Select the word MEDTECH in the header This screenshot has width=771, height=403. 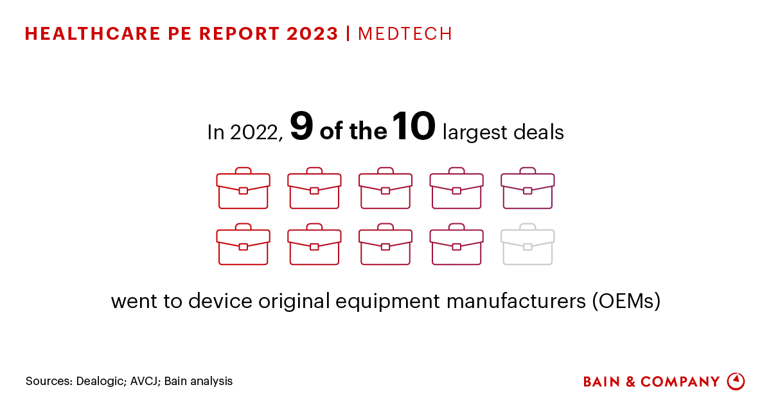[405, 34]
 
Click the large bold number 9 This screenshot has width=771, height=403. [301, 127]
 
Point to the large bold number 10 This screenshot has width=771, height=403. [414, 126]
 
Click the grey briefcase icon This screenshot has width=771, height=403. [527, 244]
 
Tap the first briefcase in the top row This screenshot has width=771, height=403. [244, 188]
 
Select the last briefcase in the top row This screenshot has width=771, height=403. [527, 188]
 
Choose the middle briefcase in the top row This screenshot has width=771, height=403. [385, 188]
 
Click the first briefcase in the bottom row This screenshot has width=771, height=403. [244, 244]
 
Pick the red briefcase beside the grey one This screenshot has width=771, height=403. [456, 244]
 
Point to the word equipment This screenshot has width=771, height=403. [373, 301]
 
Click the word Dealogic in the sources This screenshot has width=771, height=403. [98, 381]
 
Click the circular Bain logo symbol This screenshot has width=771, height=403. [736, 381]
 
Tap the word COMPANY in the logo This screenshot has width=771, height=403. [680, 382]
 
